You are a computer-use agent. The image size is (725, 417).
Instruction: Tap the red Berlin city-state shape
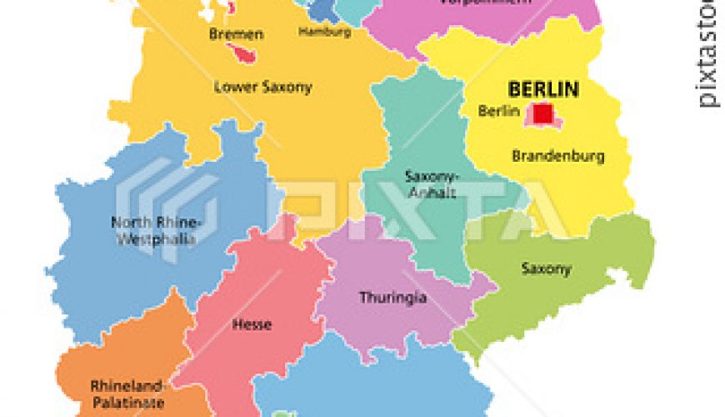coord(543,113)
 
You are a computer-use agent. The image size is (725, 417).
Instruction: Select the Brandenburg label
coord(557,156)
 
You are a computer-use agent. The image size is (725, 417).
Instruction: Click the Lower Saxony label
coord(252,86)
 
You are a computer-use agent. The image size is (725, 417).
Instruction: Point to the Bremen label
coord(237,34)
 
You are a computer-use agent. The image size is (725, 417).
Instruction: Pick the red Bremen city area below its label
coord(245,54)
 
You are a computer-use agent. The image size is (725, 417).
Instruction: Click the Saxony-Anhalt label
coord(430,183)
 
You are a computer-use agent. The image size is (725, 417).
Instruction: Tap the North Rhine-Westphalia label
coord(157,230)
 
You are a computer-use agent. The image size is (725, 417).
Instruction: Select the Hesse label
coord(251,324)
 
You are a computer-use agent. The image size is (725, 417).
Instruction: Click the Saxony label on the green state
coord(546,269)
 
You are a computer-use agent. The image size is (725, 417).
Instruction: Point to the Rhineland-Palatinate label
coord(127,394)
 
